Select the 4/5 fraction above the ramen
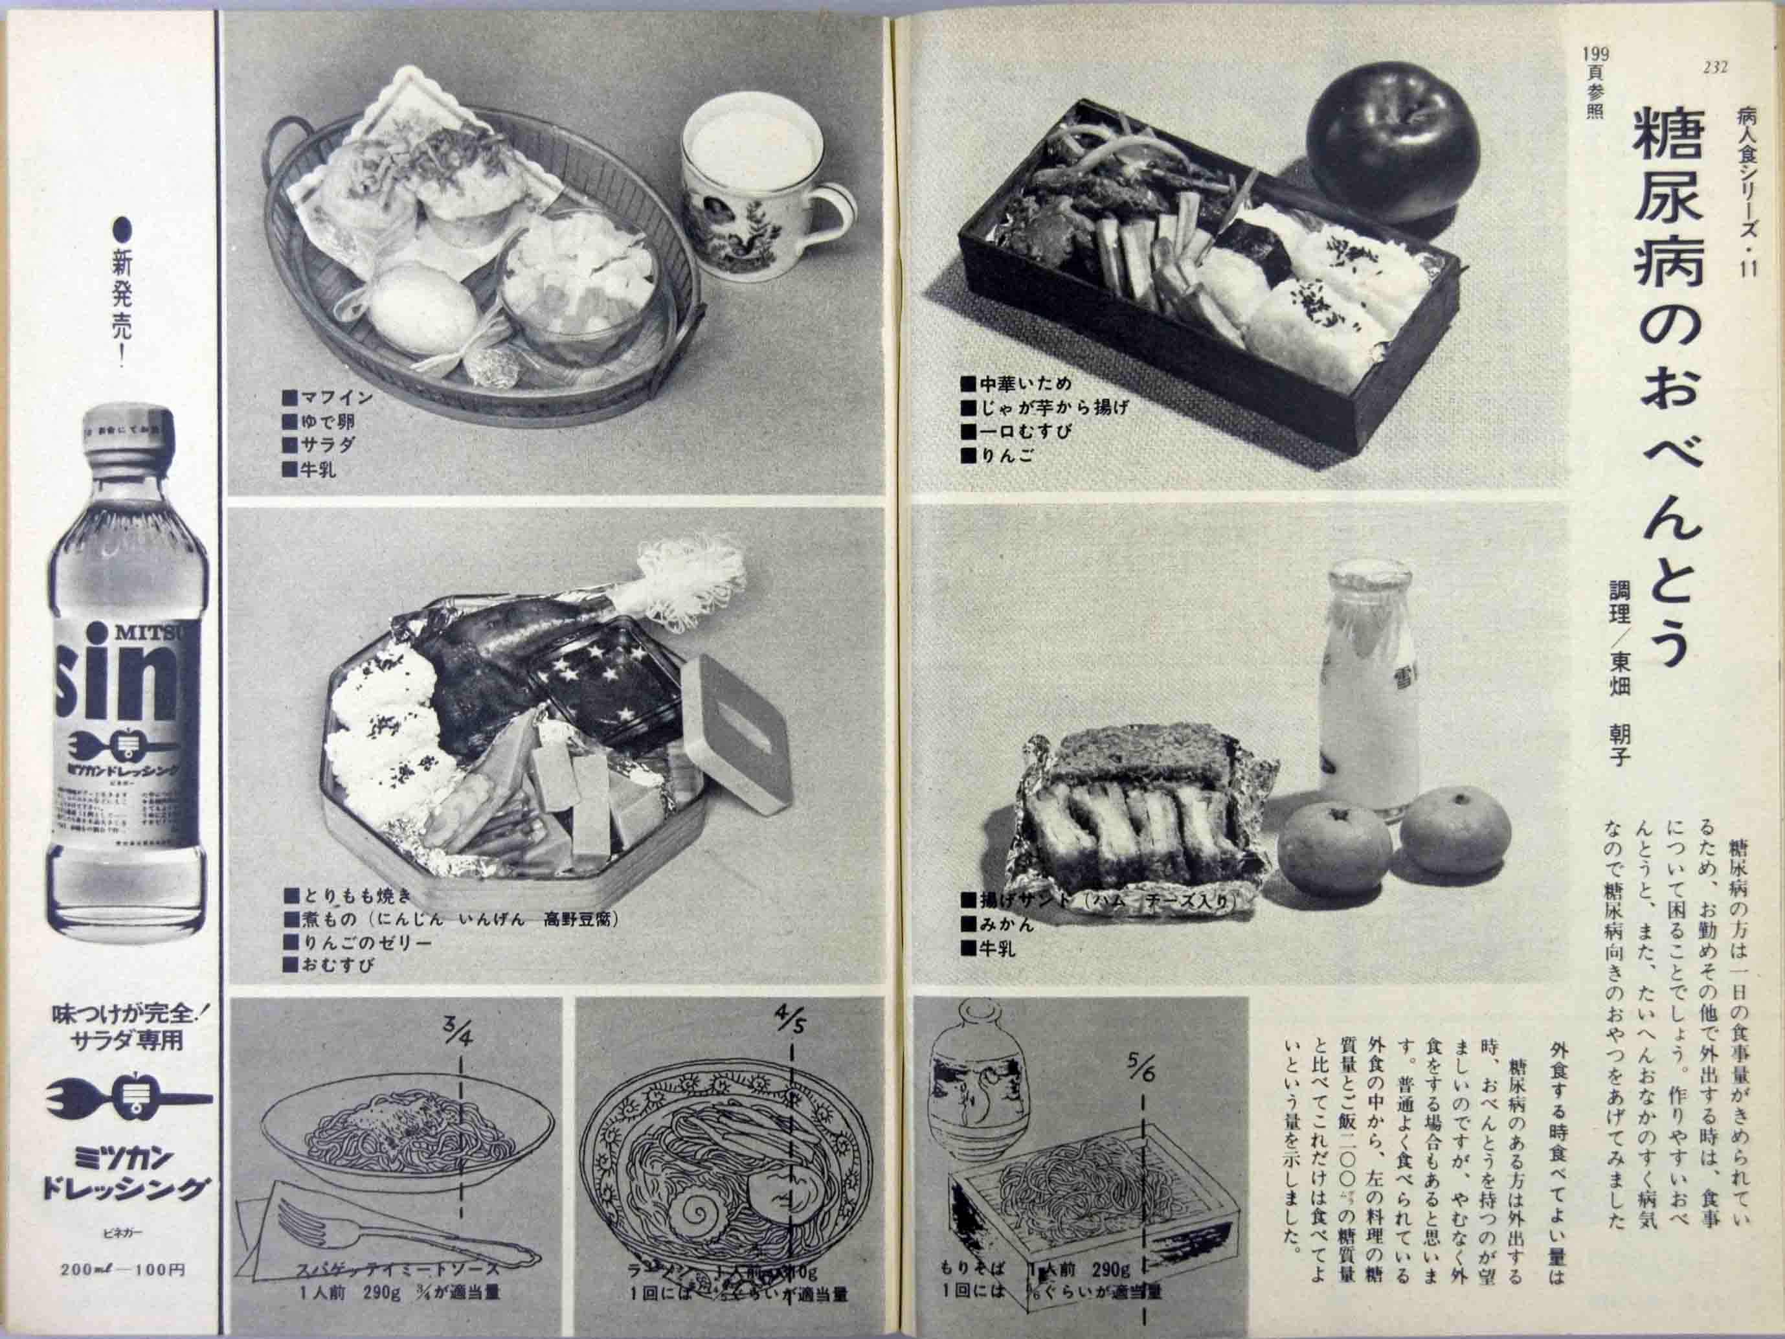(790, 1021)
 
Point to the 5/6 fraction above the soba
(1142, 1070)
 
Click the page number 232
(1715, 68)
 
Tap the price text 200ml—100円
(122, 1269)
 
